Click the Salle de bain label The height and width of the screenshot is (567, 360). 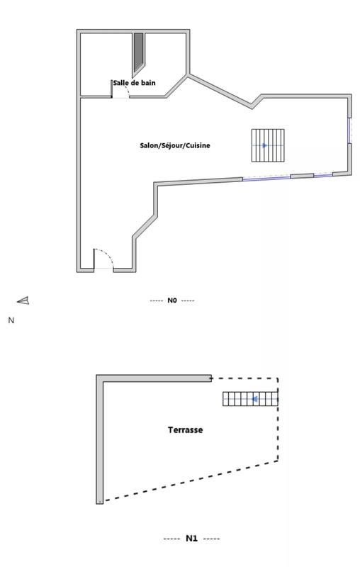click(x=134, y=83)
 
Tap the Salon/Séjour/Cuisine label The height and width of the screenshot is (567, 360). click(x=175, y=145)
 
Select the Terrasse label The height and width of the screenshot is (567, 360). click(x=185, y=430)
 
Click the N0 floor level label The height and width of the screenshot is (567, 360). click(x=172, y=301)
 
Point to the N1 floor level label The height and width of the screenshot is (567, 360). click(x=191, y=539)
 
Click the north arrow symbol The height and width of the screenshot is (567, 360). click(x=23, y=301)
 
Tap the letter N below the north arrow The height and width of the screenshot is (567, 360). click(x=11, y=320)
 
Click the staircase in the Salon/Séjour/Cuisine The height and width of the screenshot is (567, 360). click(x=268, y=145)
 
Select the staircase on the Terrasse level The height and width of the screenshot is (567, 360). click(x=250, y=399)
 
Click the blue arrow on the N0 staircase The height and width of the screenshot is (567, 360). click(x=264, y=145)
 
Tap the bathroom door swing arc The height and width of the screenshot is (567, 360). click(x=121, y=89)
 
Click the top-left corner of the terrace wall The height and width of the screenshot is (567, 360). click(x=100, y=378)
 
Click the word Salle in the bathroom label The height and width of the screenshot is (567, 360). click(x=120, y=83)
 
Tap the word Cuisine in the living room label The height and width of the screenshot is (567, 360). click(x=198, y=145)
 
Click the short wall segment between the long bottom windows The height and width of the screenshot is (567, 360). click(x=302, y=175)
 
